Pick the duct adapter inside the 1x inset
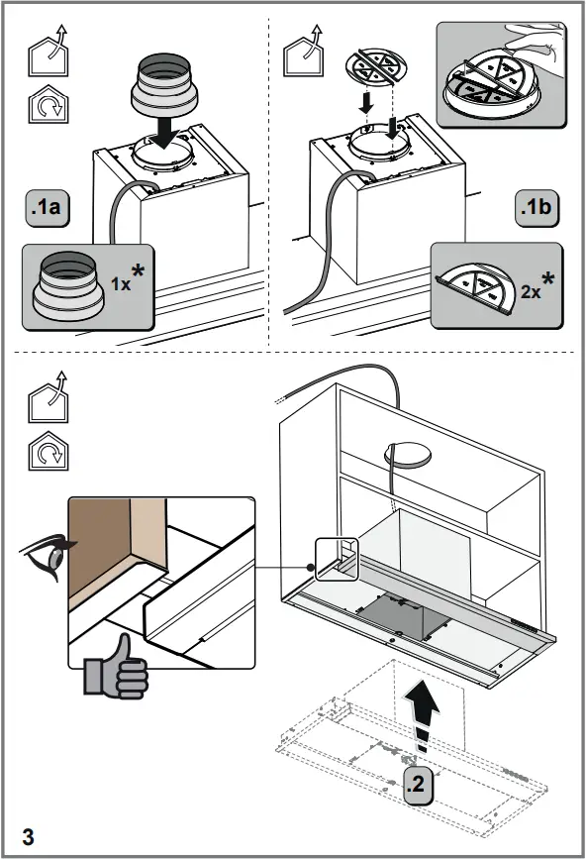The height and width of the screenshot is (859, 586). coord(67,284)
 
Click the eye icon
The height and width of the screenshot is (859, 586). coord(47,556)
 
